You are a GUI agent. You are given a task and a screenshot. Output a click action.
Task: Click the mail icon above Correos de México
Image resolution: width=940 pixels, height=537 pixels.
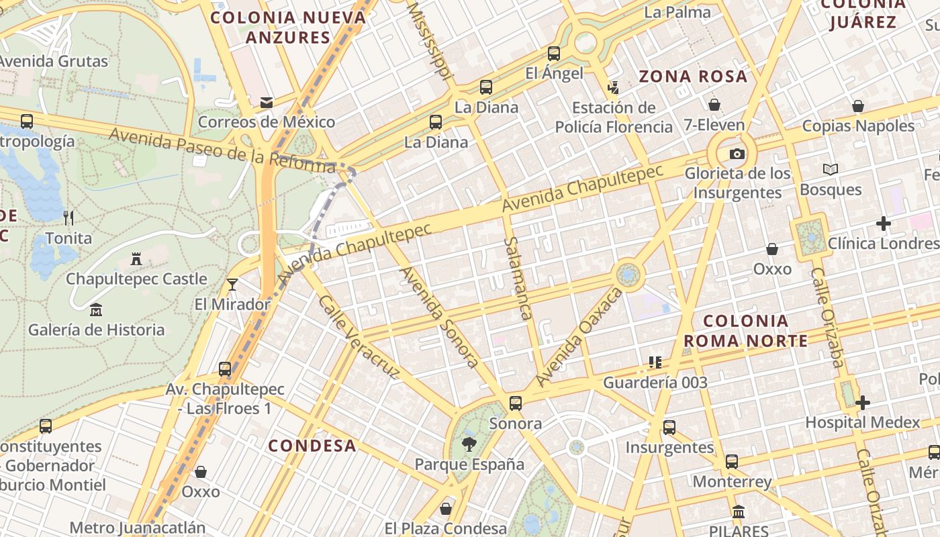pyautogui.click(x=267, y=103)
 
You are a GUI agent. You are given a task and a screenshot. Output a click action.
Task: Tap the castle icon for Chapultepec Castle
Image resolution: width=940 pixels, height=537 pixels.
pyautogui.click(x=136, y=259)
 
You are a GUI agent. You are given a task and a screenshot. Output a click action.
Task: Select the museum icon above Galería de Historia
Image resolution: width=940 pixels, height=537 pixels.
pyautogui.click(x=96, y=310)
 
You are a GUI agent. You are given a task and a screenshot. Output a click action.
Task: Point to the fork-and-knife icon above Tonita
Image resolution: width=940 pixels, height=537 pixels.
pyautogui.click(x=68, y=217)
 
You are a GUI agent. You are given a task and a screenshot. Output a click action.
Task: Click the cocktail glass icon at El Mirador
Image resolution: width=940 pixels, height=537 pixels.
pyautogui.click(x=232, y=285)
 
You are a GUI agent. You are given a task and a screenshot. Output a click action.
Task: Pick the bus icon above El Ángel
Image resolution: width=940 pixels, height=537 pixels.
pyautogui.click(x=554, y=54)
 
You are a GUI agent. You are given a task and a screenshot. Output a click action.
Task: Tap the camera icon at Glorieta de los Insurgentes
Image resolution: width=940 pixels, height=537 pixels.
pyautogui.click(x=737, y=154)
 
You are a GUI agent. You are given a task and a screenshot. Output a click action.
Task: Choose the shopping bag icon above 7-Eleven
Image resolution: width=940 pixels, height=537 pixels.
pyautogui.click(x=714, y=105)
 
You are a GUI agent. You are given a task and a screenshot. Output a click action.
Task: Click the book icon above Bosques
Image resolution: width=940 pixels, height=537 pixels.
pyautogui.click(x=831, y=170)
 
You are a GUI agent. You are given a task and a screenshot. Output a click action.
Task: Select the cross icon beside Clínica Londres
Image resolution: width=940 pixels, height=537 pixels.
pyautogui.click(x=884, y=224)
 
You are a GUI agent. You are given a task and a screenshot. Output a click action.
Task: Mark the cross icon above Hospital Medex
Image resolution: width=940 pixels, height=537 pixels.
pyautogui.click(x=863, y=403)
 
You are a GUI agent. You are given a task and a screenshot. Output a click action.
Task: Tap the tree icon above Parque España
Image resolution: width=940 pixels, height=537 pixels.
pyautogui.click(x=469, y=444)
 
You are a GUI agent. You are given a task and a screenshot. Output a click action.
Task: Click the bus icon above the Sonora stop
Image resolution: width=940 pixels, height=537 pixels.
pyautogui.click(x=516, y=403)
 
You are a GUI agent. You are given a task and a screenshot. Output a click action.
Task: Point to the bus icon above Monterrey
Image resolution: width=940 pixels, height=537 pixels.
pyautogui.click(x=732, y=462)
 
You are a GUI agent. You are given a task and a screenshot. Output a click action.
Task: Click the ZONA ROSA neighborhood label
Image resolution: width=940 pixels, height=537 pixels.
pyautogui.click(x=693, y=77)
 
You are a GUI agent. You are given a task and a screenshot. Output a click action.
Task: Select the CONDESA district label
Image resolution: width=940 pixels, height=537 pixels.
pyautogui.click(x=312, y=446)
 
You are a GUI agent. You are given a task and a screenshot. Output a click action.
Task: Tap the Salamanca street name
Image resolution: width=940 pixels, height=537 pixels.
pyautogui.click(x=518, y=278)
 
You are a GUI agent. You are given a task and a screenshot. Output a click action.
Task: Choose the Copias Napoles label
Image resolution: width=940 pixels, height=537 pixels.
pyautogui.click(x=858, y=126)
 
